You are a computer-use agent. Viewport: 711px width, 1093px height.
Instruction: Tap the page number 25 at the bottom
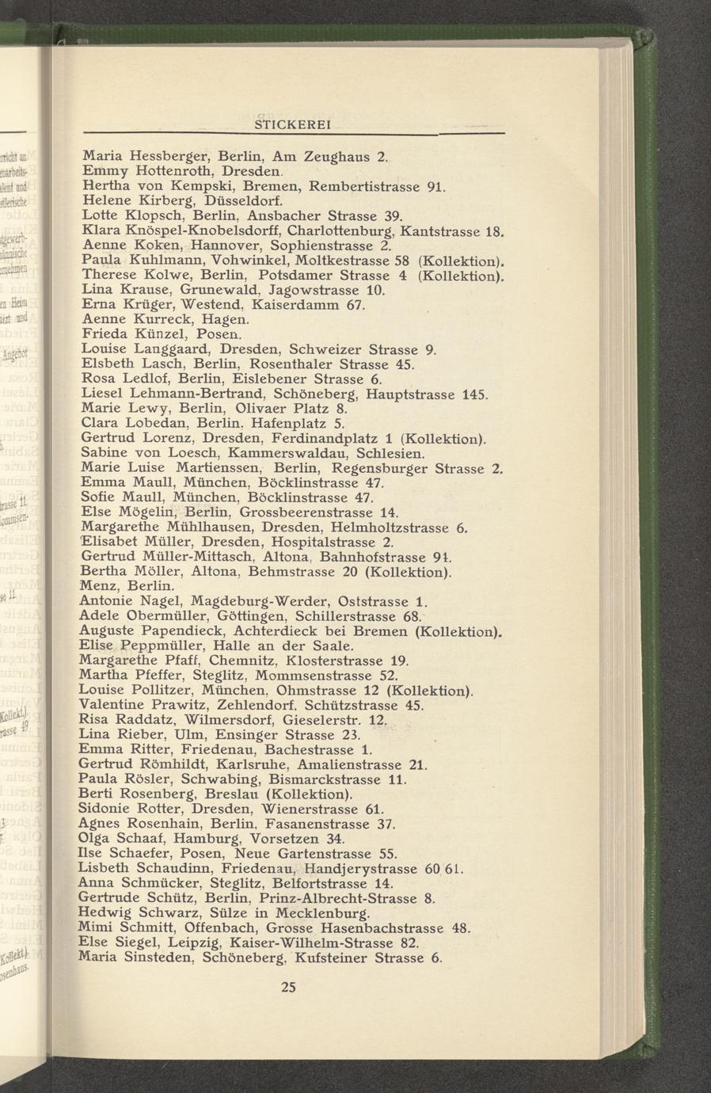(x=287, y=987)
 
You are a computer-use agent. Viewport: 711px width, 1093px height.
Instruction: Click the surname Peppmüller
(x=164, y=646)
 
